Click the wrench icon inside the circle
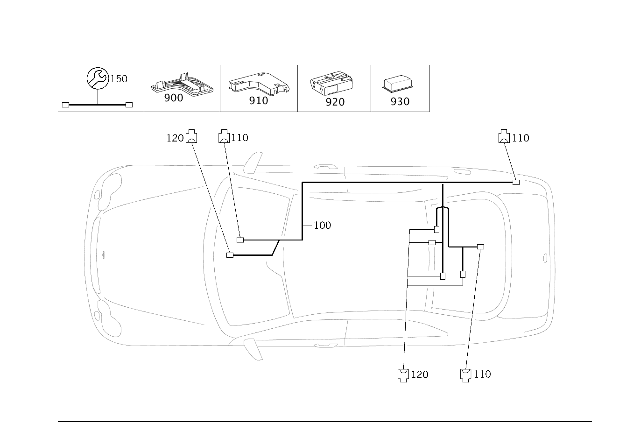[98, 78]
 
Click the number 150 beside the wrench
[119, 79]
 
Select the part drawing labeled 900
[182, 84]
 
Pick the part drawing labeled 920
[331, 83]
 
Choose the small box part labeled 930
[398, 83]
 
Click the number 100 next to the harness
[322, 226]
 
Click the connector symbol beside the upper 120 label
[191, 136]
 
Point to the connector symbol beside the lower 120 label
[403, 375]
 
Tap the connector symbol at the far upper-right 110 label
[504, 136]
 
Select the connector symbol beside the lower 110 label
[465, 375]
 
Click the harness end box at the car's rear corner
[516, 183]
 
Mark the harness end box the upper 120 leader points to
[230, 255]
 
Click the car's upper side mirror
[253, 162]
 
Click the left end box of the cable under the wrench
[65, 105]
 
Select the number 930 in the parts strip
[400, 102]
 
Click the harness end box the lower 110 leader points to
[480, 247]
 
